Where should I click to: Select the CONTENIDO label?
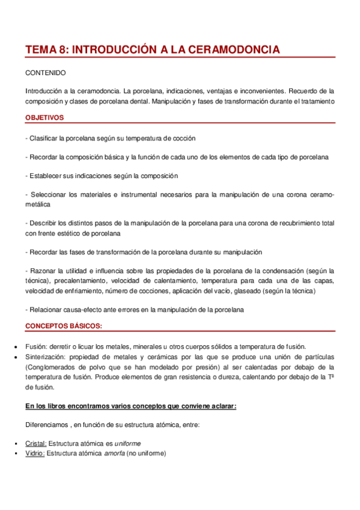(x=46, y=73)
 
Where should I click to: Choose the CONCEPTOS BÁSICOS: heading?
(x=63, y=326)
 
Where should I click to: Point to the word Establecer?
(x=46, y=176)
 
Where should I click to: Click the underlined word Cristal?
(x=35, y=443)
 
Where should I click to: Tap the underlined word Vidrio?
(x=35, y=453)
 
